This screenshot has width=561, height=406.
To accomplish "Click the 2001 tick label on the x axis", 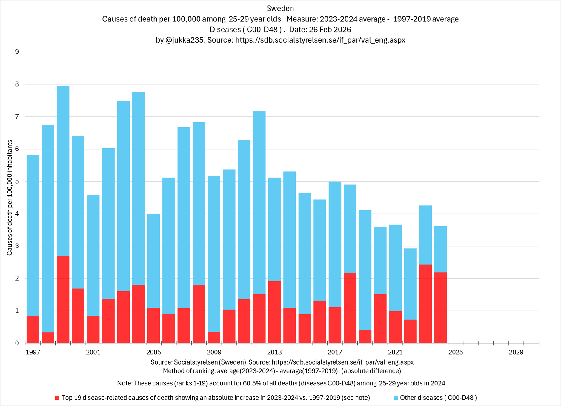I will pyautogui.click(x=93, y=352).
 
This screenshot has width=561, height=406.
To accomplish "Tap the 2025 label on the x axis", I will pyautogui.click(x=456, y=352).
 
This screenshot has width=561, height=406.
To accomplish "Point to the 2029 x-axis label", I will pyautogui.click(x=516, y=352).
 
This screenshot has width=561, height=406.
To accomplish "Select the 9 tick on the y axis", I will pyautogui.click(x=17, y=52).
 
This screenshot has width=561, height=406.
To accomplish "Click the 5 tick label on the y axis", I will pyautogui.click(x=17, y=182).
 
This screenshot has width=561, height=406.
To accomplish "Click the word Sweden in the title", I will pyautogui.click(x=280, y=8).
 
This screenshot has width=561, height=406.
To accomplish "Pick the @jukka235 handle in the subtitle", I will pyautogui.click(x=185, y=40).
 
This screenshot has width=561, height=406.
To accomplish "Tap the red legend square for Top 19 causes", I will pyautogui.click(x=57, y=398).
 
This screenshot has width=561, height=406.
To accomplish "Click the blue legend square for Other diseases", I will pyautogui.click(x=396, y=398).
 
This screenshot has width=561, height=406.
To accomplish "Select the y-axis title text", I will pyautogui.click(x=10, y=198).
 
